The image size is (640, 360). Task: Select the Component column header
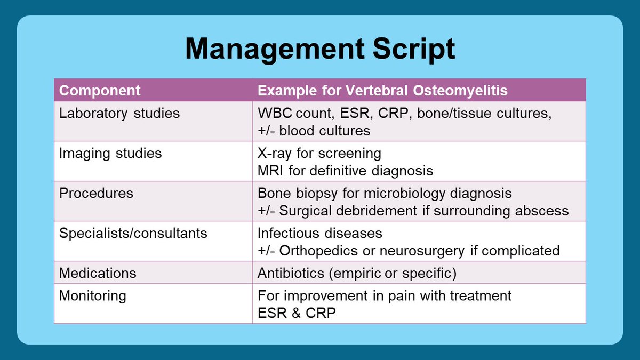(100, 91)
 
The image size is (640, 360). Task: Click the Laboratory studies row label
(119, 114)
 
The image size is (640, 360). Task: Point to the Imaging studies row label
(110, 154)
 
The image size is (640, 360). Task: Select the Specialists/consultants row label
(133, 233)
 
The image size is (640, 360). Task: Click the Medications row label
(98, 273)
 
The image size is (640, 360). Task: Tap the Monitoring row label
(92, 296)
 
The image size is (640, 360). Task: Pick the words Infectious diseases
(319, 233)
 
